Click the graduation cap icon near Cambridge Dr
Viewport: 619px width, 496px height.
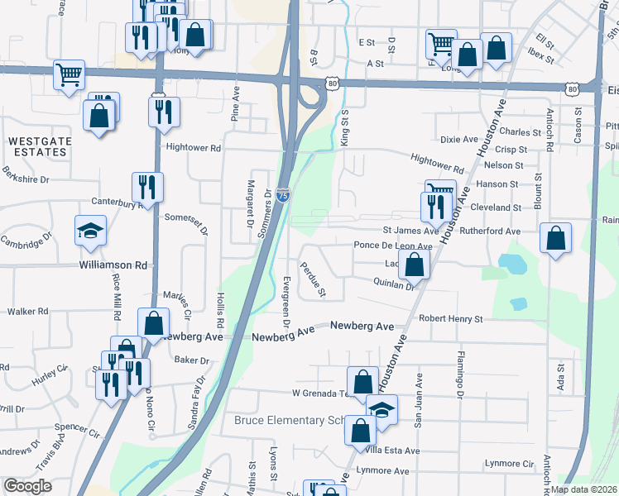coord(91,231)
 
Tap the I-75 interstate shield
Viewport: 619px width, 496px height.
coord(284,195)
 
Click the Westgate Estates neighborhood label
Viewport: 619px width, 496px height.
coord(38,146)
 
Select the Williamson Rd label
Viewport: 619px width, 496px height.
coord(113,265)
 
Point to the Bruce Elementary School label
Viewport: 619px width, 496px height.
coord(289,420)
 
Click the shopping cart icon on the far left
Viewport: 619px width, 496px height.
coord(70,74)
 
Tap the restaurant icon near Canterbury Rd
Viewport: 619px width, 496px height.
coord(148,187)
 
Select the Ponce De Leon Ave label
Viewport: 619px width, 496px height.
coord(393,246)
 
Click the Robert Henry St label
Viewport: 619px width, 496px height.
coord(450,318)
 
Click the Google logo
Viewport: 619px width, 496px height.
coord(26,486)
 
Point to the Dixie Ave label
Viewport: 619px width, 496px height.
coord(459,139)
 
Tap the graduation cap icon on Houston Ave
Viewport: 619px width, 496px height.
coord(381,409)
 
